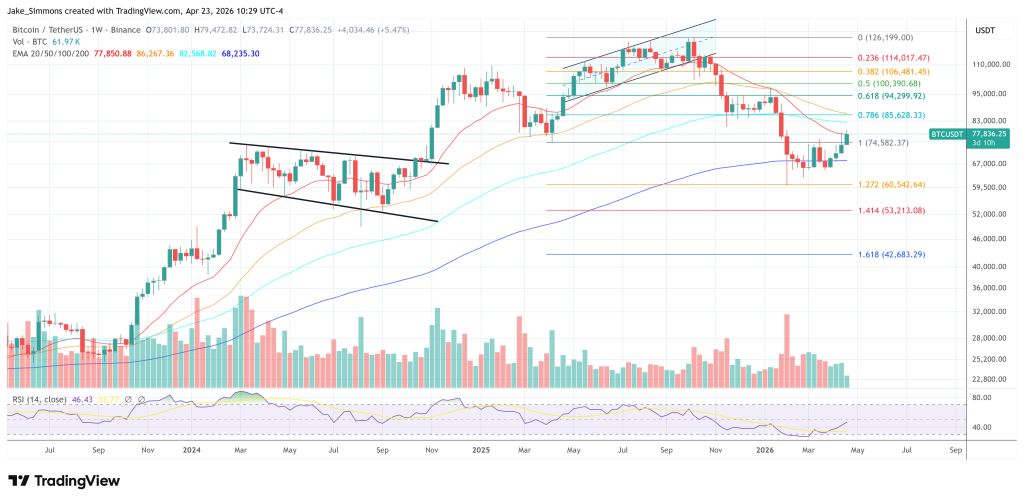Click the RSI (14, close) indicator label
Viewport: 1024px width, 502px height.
tap(39, 399)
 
